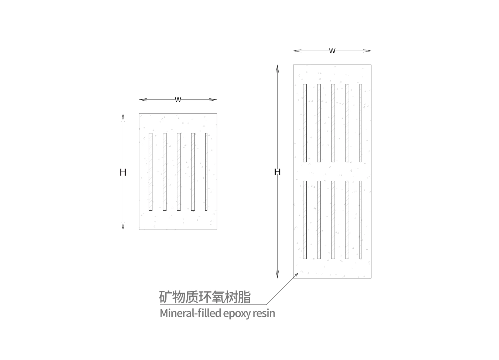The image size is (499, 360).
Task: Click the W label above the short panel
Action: [x=178, y=100]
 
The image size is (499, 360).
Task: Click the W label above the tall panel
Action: [x=332, y=51]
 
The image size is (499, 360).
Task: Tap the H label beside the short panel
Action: [x=123, y=172]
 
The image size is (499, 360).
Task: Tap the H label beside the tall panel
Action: [x=277, y=172]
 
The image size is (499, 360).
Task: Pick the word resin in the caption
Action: [x=264, y=313]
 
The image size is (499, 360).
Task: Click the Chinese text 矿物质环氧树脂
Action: [x=205, y=297]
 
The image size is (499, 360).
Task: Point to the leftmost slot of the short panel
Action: [x=151, y=172]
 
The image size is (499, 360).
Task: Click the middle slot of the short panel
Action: [x=179, y=172]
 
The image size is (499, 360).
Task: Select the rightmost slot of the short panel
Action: [x=206, y=172]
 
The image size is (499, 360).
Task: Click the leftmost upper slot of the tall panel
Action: [x=305, y=123]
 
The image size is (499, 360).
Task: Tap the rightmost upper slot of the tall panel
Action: [x=361, y=123]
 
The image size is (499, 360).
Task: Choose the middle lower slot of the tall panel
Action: [x=333, y=220]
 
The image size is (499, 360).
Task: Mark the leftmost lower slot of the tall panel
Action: [x=305, y=220]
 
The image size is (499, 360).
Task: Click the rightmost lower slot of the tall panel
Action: [x=361, y=220]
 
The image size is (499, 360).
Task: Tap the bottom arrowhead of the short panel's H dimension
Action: [x=123, y=226]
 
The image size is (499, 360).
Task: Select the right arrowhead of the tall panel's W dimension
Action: [x=367, y=51]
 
